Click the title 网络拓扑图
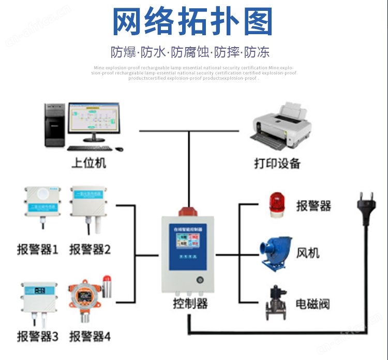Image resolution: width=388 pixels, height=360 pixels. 192,23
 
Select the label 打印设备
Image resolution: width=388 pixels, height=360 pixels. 277,163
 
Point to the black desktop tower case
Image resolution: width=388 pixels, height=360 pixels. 55,124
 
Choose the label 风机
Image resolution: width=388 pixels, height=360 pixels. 308,253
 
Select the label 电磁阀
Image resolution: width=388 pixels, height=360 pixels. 312,304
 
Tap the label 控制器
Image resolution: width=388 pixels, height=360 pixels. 190,304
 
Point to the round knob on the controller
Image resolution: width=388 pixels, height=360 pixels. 199,280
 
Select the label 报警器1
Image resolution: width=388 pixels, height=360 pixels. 38,250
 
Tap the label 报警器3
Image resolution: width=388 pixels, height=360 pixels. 38,336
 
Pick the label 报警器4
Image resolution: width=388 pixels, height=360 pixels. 90,336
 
